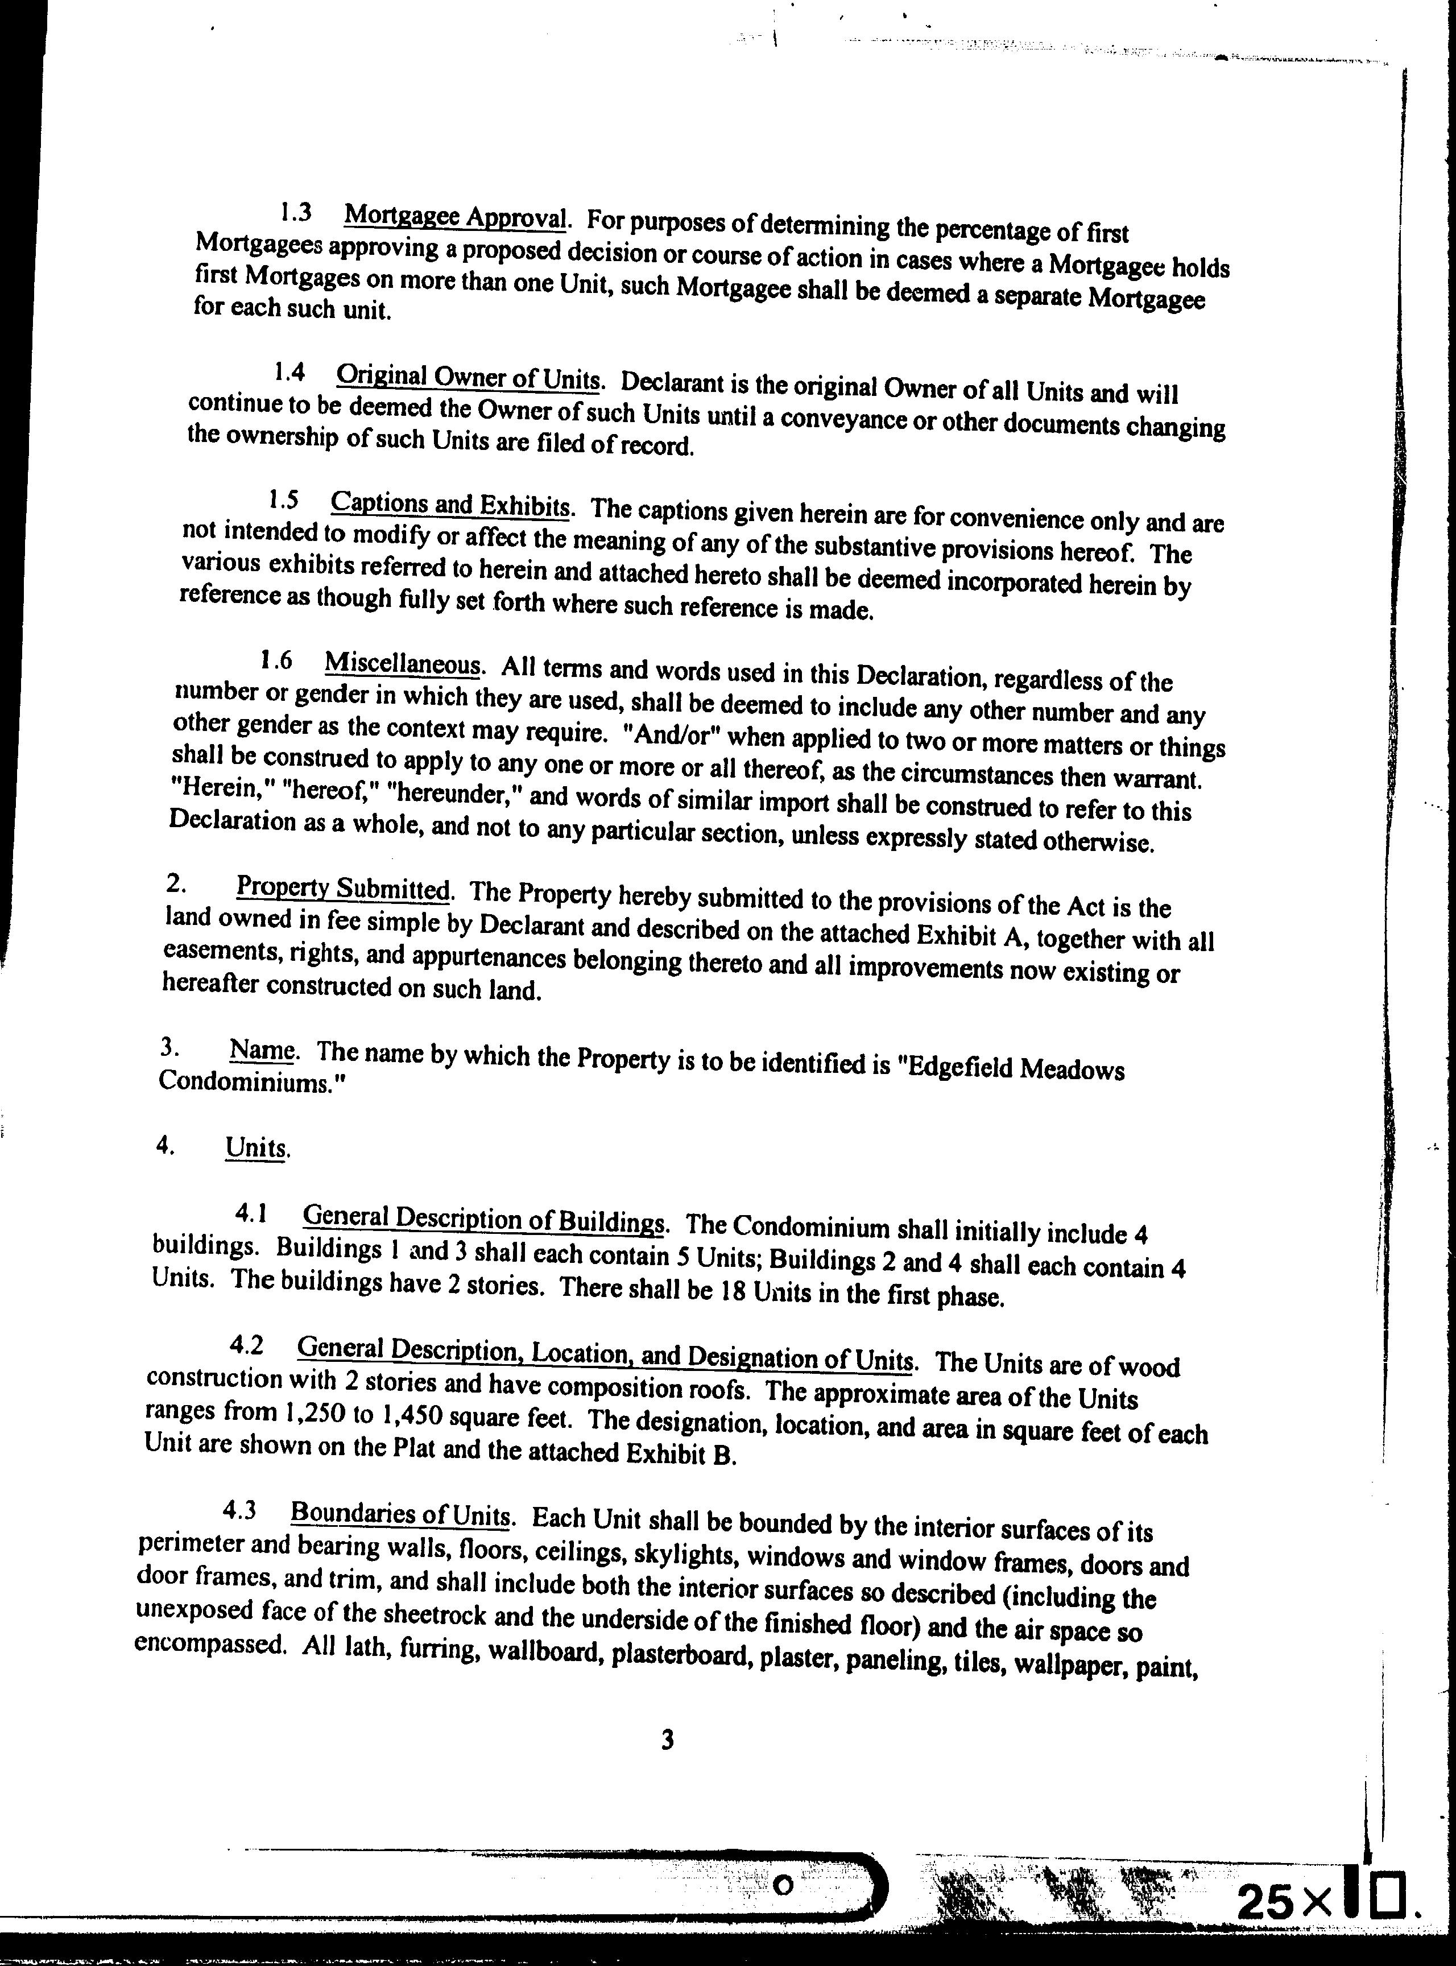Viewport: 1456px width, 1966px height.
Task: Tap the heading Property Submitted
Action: point(343,888)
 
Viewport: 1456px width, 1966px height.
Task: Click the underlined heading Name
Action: point(262,1050)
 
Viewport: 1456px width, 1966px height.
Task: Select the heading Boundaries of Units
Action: point(400,1515)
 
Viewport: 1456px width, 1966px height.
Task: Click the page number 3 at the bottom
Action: point(667,1740)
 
